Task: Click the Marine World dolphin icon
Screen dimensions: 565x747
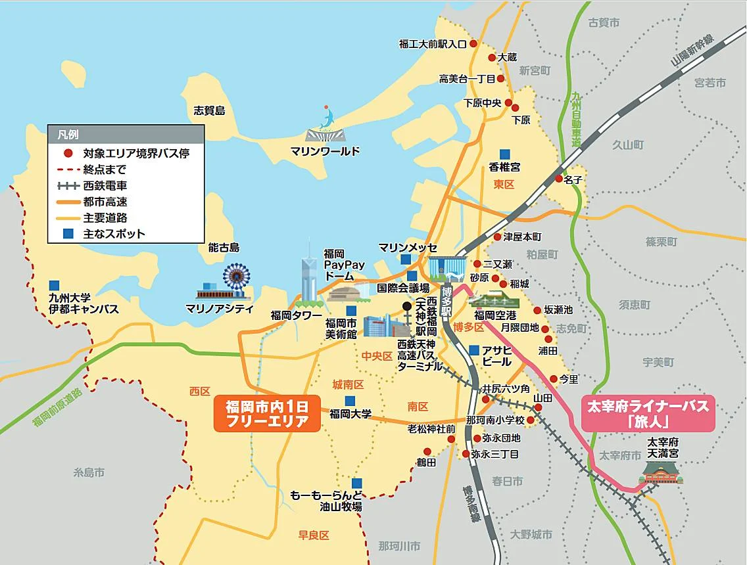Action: (327, 119)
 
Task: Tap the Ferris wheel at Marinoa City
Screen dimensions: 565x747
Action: (236, 280)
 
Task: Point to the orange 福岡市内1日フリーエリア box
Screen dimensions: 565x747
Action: (266, 413)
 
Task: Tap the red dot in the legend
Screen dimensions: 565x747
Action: (68, 154)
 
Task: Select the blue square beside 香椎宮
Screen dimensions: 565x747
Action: (504, 152)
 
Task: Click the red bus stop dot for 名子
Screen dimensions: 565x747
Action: (559, 178)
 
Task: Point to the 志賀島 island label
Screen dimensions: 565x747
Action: (210, 110)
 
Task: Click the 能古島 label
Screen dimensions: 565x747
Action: (224, 248)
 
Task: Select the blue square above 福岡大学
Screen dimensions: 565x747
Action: (350, 401)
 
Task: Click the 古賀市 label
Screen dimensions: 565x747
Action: (604, 23)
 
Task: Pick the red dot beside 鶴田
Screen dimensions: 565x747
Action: (427, 451)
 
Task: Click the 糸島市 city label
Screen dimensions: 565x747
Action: (89, 472)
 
